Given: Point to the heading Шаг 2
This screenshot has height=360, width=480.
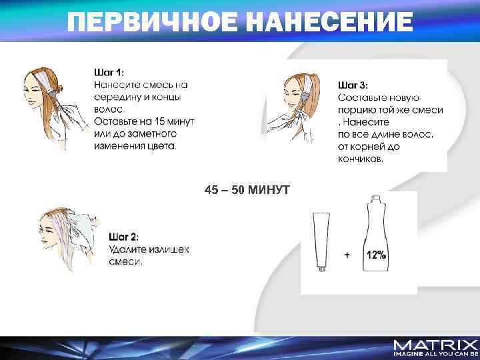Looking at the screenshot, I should click(x=124, y=237).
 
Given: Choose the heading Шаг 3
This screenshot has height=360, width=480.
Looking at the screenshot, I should click(x=353, y=85).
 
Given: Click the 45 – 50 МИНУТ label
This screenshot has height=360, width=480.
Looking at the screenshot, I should click(x=247, y=191).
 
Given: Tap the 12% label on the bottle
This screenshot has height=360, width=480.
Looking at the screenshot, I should click(x=376, y=255).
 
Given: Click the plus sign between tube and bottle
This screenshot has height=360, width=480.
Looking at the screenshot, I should click(x=347, y=255).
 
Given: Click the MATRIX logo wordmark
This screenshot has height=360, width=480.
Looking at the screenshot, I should click(x=435, y=345).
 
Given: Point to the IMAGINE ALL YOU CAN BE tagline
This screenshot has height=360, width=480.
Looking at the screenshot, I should click(x=435, y=355).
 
